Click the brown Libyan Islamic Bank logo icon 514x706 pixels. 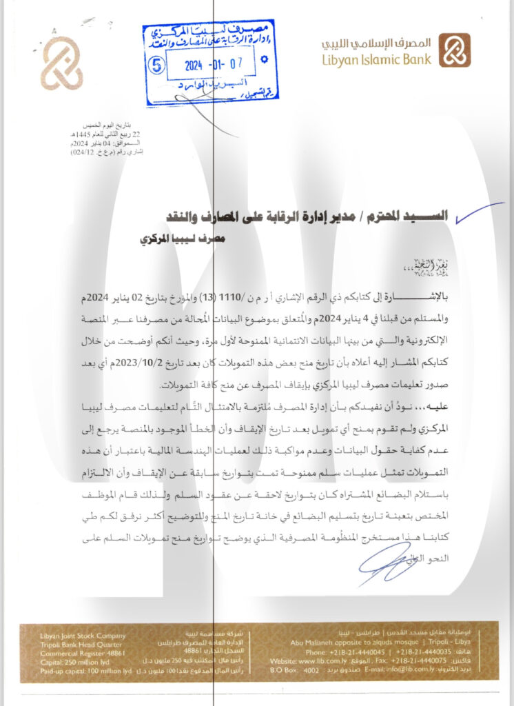pos(455,50)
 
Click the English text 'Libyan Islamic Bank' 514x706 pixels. pos(376,59)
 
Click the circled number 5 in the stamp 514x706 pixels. pos(158,66)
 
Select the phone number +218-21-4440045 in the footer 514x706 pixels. pos(330,652)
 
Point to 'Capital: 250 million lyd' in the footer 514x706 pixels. pos(62,660)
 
